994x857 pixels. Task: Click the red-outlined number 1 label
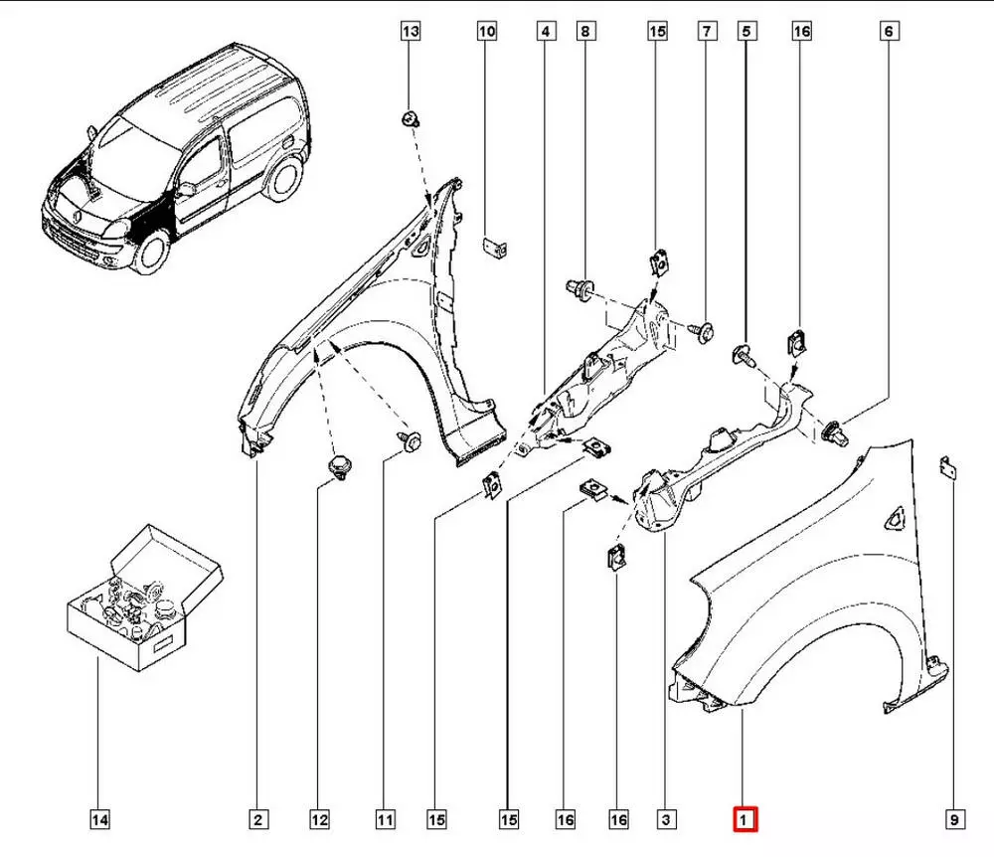click(745, 819)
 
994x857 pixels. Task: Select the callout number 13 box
click(411, 32)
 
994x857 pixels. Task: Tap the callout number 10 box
click(486, 32)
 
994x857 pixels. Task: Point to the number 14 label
click(99, 819)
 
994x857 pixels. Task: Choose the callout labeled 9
click(952, 819)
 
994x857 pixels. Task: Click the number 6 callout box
click(888, 32)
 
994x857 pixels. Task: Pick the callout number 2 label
click(256, 819)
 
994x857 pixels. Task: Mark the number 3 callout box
click(666, 819)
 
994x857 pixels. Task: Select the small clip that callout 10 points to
click(493, 246)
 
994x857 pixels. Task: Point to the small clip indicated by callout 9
click(948, 467)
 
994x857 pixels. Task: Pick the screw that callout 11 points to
click(410, 438)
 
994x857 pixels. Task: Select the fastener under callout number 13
click(410, 119)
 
